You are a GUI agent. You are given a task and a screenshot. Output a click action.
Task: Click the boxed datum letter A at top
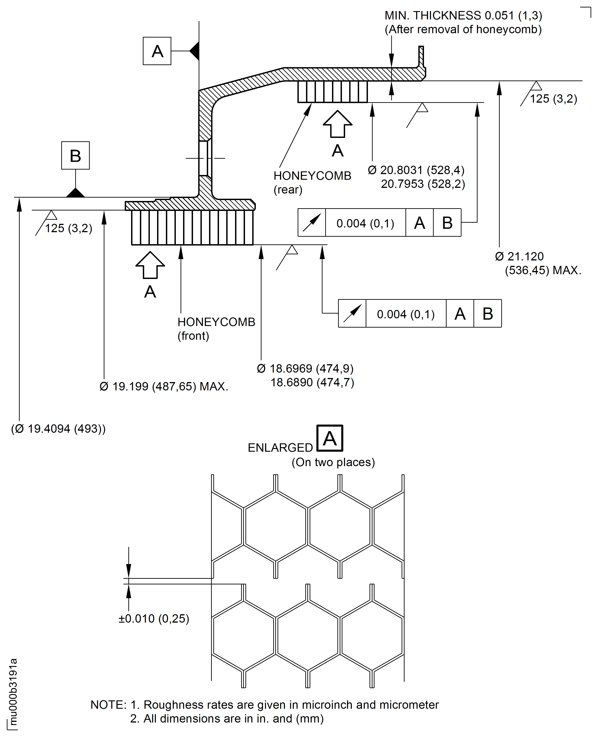pos(157,51)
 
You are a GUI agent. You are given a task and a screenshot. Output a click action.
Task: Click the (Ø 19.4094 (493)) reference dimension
pos(58,429)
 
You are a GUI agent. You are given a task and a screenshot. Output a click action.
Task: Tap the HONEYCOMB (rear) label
pos(312,182)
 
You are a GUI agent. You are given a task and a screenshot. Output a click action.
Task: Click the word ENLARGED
pos(280,448)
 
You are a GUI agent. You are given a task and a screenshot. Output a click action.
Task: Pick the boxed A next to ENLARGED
pos(330,438)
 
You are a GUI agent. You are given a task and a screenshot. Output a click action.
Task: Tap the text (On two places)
pos(333,462)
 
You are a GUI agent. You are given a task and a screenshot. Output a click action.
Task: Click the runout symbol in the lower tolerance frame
pos(352,313)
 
